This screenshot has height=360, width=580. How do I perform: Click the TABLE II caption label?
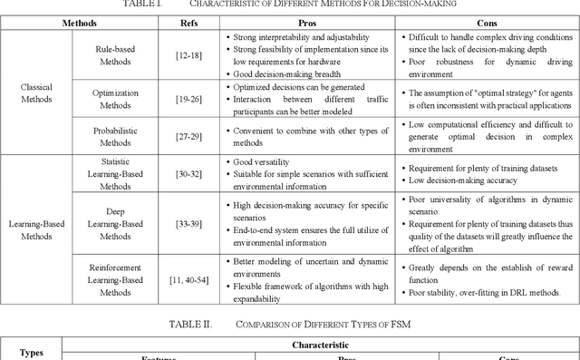tap(191, 324)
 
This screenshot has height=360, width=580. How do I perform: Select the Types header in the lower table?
tap(31, 352)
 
